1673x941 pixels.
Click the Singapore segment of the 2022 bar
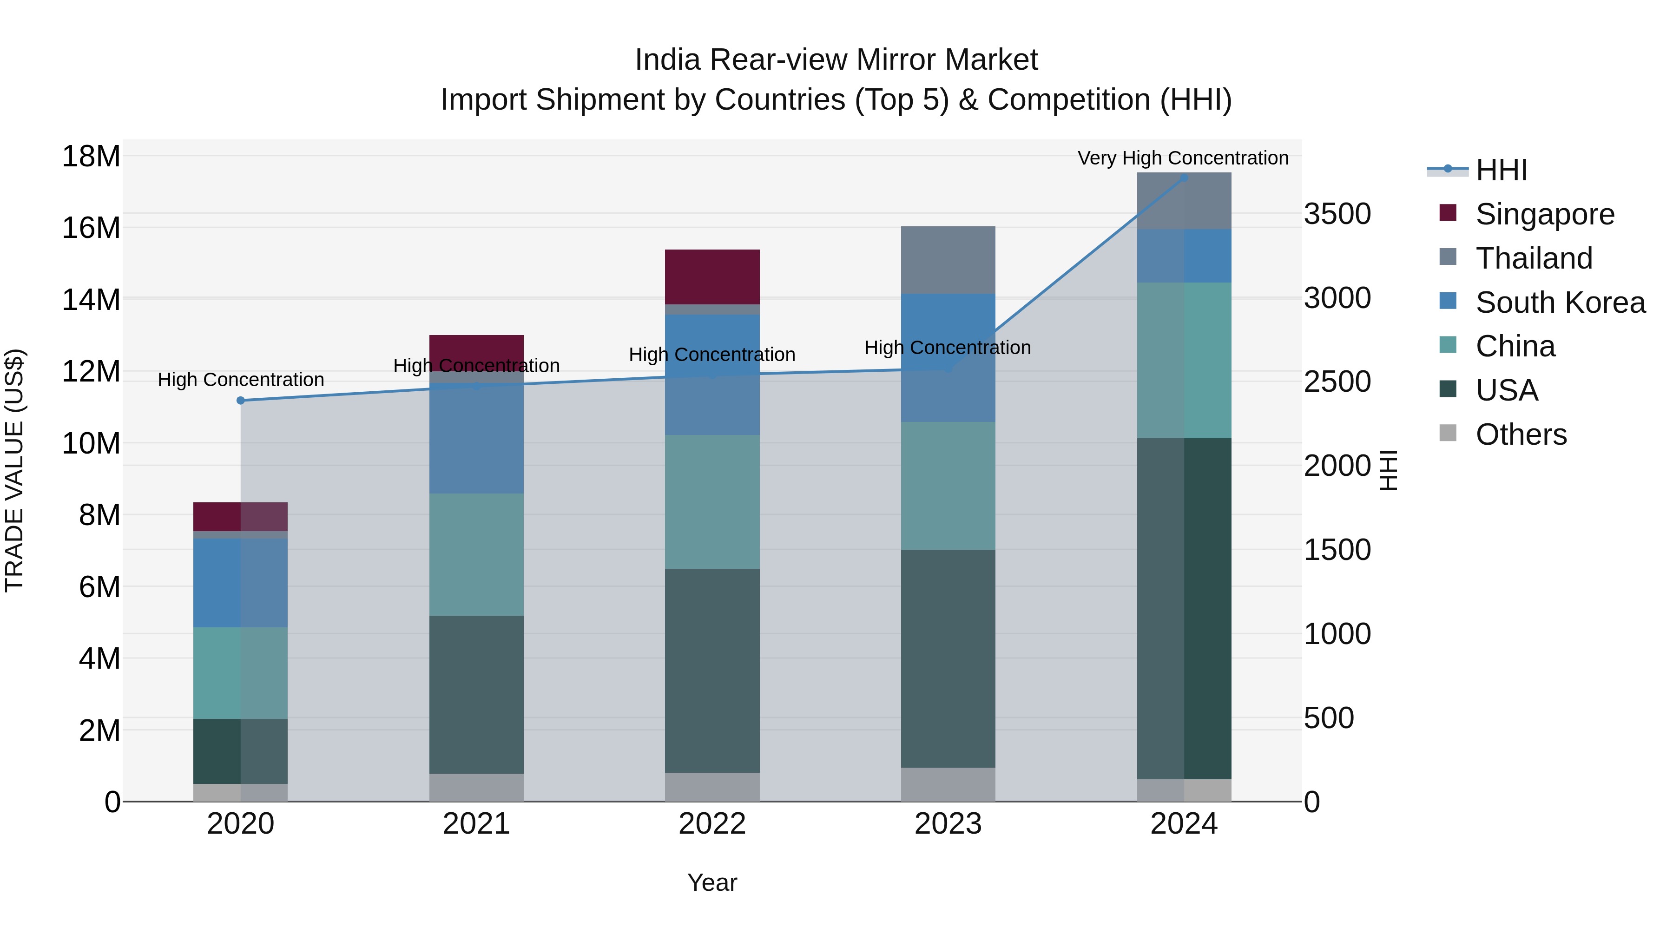click(712, 276)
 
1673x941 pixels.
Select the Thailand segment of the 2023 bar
click(948, 260)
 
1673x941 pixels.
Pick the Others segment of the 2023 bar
click(948, 784)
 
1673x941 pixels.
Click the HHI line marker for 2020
click(241, 400)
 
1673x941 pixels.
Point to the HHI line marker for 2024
click(1184, 178)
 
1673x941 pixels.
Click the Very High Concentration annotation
click(1183, 158)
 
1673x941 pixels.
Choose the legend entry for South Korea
click(1559, 302)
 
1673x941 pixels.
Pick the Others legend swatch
click(1448, 433)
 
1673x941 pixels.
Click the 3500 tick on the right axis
click(1337, 214)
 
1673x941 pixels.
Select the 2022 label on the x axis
click(712, 823)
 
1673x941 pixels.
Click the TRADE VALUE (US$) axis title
click(14, 470)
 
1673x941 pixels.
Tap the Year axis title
click(712, 882)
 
